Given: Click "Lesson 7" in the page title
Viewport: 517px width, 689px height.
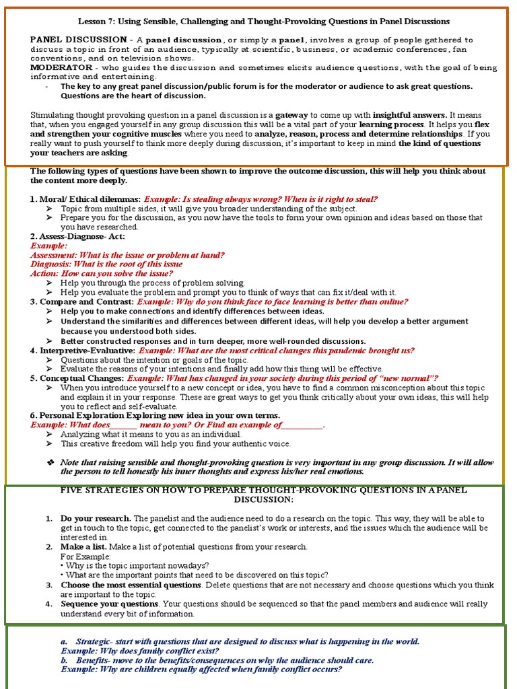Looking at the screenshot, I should [x=94, y=22].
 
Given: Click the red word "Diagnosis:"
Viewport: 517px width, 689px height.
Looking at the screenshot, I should [x=53, y=264].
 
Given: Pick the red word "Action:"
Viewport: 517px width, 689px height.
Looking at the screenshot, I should [x=44, y=274].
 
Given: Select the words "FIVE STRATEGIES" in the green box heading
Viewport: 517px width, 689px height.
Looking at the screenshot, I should [x=95, y=491].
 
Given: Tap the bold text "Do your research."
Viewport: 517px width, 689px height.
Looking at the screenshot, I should [x=96, y=519].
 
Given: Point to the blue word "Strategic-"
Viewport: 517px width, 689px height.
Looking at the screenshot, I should [x=95, y=642].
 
